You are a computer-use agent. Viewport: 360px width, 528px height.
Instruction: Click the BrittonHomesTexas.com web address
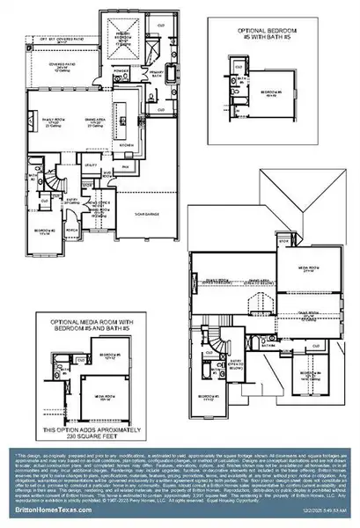pyautogui.click(x=48, y=509)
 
